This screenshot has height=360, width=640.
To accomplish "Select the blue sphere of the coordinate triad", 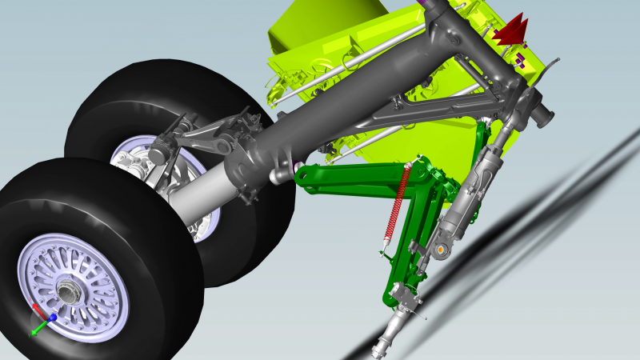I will pos(52,318).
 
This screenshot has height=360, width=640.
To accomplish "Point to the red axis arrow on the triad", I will pos(36,307).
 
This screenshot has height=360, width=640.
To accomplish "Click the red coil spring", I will pos(398,200).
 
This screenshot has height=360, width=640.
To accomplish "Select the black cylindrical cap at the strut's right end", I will pos(546,114).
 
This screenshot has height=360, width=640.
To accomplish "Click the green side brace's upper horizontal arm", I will pos(352,176).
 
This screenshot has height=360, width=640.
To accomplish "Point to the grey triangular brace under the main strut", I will pos(416,112).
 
